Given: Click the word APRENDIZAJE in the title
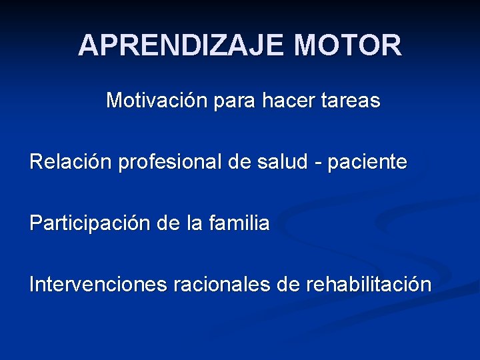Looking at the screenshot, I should click(182, 45).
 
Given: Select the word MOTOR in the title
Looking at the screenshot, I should click(349, 45).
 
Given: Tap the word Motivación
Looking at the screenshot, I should click(155, 101).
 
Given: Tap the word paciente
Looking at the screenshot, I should click(371, 162).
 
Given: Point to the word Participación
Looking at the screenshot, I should click(91, 223).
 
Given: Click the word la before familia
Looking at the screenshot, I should click(193, 223).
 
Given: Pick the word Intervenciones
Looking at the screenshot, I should click(99, 285).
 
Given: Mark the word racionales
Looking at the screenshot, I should click(221, 285).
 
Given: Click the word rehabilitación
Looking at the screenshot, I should click(369, 285).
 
